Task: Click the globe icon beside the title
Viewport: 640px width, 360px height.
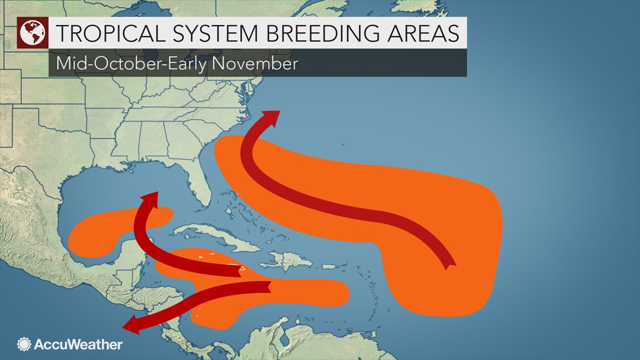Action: point(33,33)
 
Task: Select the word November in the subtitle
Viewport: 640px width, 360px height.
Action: point(256,63)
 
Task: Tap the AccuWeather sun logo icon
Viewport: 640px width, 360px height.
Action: point(24,344)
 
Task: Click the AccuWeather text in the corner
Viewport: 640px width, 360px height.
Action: point(77,344)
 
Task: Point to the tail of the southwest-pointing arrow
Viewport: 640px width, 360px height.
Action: point(268,287)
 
